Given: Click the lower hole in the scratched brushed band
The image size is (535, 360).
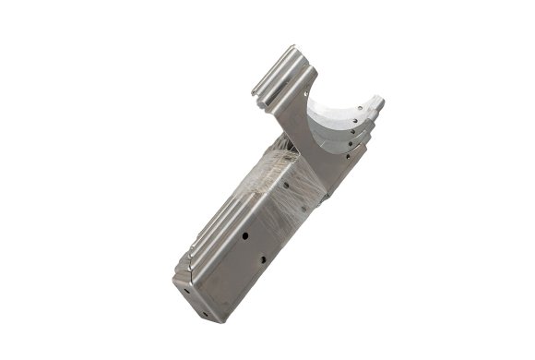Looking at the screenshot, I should coord(276,207).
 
